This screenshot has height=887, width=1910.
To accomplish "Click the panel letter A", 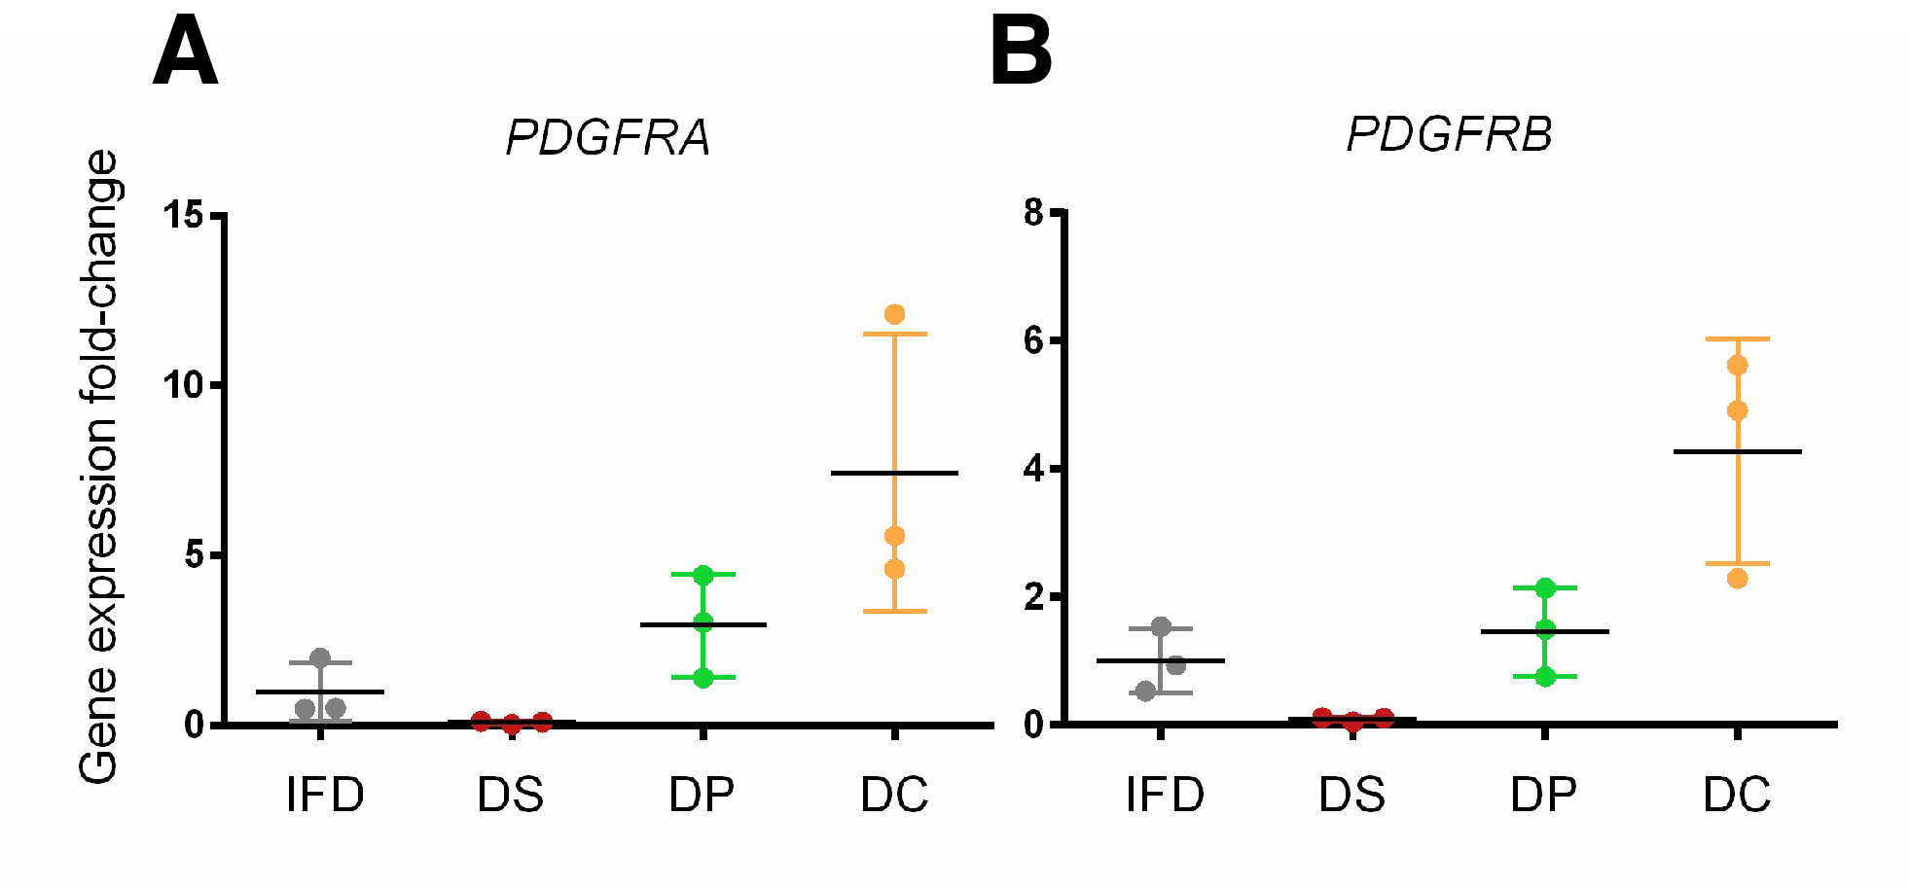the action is (185, 53).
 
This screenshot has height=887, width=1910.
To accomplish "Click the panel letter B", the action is (1021, 53).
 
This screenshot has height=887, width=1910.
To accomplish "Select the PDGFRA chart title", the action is (608, 137).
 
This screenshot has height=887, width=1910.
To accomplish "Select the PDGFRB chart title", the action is (1449, 134).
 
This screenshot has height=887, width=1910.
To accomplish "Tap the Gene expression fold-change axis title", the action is (99, 467).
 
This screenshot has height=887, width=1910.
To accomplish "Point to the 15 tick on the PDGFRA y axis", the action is (183, 214).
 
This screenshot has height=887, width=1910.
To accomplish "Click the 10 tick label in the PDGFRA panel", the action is (183, 385).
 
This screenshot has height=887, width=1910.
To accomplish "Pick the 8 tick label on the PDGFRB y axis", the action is (1033, 212).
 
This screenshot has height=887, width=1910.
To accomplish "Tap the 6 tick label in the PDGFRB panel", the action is (1033, 340).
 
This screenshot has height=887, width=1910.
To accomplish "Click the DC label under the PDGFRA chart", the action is (894, 795).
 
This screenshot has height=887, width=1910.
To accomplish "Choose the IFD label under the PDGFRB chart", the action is (1165, 795).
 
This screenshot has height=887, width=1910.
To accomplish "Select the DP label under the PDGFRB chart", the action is (1543, 795).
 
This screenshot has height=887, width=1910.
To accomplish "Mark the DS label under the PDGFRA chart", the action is (510, 795).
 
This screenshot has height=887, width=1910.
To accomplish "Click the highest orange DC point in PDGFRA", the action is (894, 314).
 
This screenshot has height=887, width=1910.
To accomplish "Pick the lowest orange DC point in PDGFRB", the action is (1737, 579).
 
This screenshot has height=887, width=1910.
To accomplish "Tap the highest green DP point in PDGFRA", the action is (703, 576).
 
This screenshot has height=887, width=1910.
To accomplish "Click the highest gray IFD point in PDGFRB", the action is (1161, 626).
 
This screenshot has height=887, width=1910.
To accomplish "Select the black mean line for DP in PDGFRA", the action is (703, 624).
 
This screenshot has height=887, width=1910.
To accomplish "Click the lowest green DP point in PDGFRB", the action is (1545, 676).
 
